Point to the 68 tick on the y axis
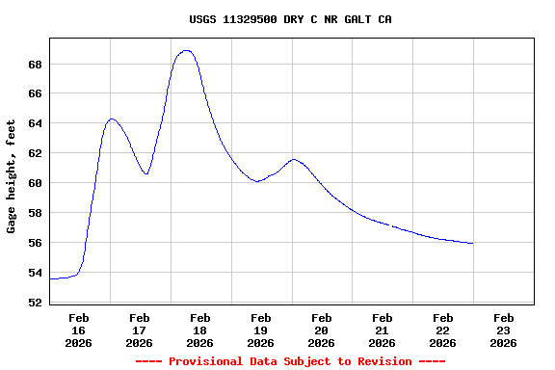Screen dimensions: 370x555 (x=35, y=65)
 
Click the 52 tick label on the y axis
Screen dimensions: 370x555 (x=35, y=303)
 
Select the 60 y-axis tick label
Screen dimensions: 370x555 (x=35, y=183)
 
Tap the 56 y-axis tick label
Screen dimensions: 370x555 (x=35, y=243)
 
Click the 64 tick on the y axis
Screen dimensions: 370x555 (x=35, y=123)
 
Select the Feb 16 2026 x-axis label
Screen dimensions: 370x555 (x=79, y=330)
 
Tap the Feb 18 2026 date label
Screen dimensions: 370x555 (x=200, y=330)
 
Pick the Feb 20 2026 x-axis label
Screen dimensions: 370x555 (x=322, y=330)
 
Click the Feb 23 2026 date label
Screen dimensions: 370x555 (x=503, y=330)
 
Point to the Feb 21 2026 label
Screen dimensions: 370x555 (x=383, y=330)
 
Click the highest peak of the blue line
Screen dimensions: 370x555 (x=186, y=50)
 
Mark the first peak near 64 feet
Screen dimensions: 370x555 (x=112, y=119)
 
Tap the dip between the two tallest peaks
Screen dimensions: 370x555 (x=146, y=174)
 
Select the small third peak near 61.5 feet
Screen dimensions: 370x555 (x=294, y=159)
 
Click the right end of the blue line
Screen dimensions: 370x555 (x=472, y=244)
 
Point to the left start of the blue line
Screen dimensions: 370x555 (x=50, y=278)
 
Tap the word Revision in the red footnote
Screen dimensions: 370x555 (x=383, y=361)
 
